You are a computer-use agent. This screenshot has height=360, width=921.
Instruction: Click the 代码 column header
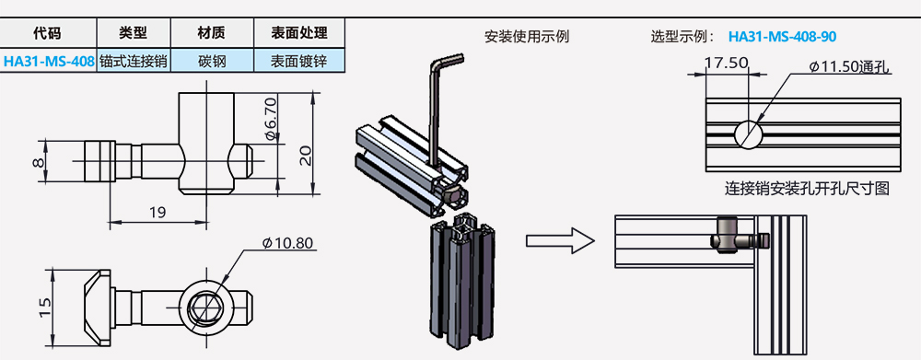tap(47, 33)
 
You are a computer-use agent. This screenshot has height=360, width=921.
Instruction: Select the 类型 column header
tap(134, 33)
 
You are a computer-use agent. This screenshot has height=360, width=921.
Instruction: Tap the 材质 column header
tap(212, 33)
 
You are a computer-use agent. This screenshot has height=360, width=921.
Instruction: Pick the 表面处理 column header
tap(299, 33)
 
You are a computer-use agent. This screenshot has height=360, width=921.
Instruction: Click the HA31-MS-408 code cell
tap(49, 61)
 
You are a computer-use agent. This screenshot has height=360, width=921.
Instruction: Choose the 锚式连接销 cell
tap(134, 61)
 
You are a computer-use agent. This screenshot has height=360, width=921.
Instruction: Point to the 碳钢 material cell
tap(212, 61)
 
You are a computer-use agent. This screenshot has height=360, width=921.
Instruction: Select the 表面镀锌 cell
tap(299, 61)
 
